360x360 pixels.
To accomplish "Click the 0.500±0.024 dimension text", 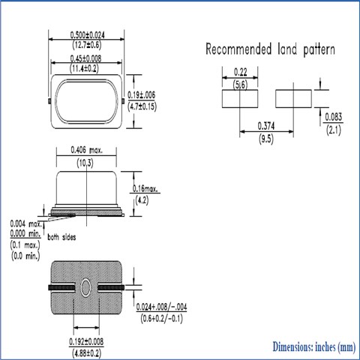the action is (x=87, y=34).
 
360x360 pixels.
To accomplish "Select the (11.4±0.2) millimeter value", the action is (x=84, y=68).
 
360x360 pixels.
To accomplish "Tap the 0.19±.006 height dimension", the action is (x=142, y=95).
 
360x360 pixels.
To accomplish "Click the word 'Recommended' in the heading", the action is (x=238, y=49).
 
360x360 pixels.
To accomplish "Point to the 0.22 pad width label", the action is (x=241, y=72).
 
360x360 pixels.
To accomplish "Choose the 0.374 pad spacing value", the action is (x=266, y=126).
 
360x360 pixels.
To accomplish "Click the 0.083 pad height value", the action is (x=334, y=117).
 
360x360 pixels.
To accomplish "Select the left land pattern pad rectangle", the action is (x=240, y=99).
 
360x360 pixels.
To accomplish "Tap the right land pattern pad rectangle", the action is (x=293, y=99).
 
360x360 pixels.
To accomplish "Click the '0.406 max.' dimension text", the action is (x=86, y=150).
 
